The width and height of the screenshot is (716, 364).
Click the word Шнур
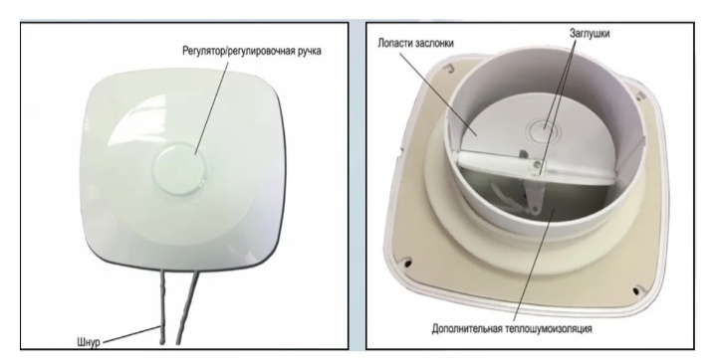pos(89,342)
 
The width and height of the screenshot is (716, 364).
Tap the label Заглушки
pos(590,33)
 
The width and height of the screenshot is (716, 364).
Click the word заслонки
pos(435,43)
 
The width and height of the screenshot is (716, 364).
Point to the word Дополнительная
pos(468,328)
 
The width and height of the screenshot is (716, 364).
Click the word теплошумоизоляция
pos(550,328)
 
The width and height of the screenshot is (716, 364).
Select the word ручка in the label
pos(309,50)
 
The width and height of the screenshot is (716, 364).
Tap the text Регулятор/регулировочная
pos(237,50)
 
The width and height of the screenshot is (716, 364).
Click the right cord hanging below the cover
pos(187,307)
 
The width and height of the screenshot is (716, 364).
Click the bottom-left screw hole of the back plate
pos(407,263)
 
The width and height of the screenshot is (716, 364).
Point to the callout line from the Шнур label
pos(130,333)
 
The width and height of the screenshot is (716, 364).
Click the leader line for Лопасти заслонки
pos(437,93)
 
